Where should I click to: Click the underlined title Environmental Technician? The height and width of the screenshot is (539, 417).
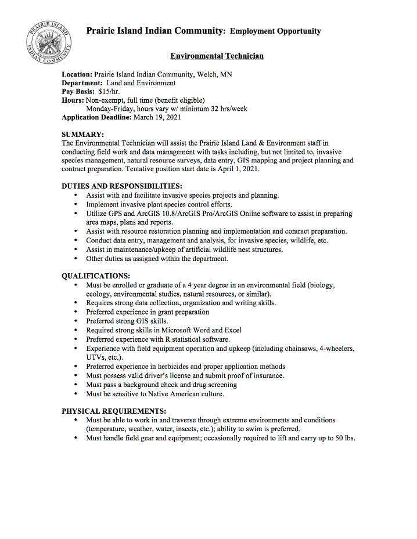click(217, 56)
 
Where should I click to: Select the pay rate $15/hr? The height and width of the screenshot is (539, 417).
click(108, 92)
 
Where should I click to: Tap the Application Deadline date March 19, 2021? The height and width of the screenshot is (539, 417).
click(157, 117)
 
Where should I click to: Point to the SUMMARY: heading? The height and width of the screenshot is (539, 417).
click(82, 133)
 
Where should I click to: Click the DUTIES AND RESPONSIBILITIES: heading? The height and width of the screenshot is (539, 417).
click(122, 186)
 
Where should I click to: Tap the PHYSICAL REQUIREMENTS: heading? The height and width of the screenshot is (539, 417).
click(114, 411)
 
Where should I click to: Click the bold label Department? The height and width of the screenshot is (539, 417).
click(82, 83)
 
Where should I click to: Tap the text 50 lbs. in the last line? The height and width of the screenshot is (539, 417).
click(344, 438)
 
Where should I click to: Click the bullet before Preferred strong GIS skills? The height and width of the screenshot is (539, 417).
click(77, 321)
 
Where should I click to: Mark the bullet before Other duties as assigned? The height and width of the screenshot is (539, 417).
click(77, 259)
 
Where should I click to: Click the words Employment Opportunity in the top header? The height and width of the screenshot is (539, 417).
click(275, 31)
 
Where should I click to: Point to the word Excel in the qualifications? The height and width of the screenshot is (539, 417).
click(233, 330)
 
